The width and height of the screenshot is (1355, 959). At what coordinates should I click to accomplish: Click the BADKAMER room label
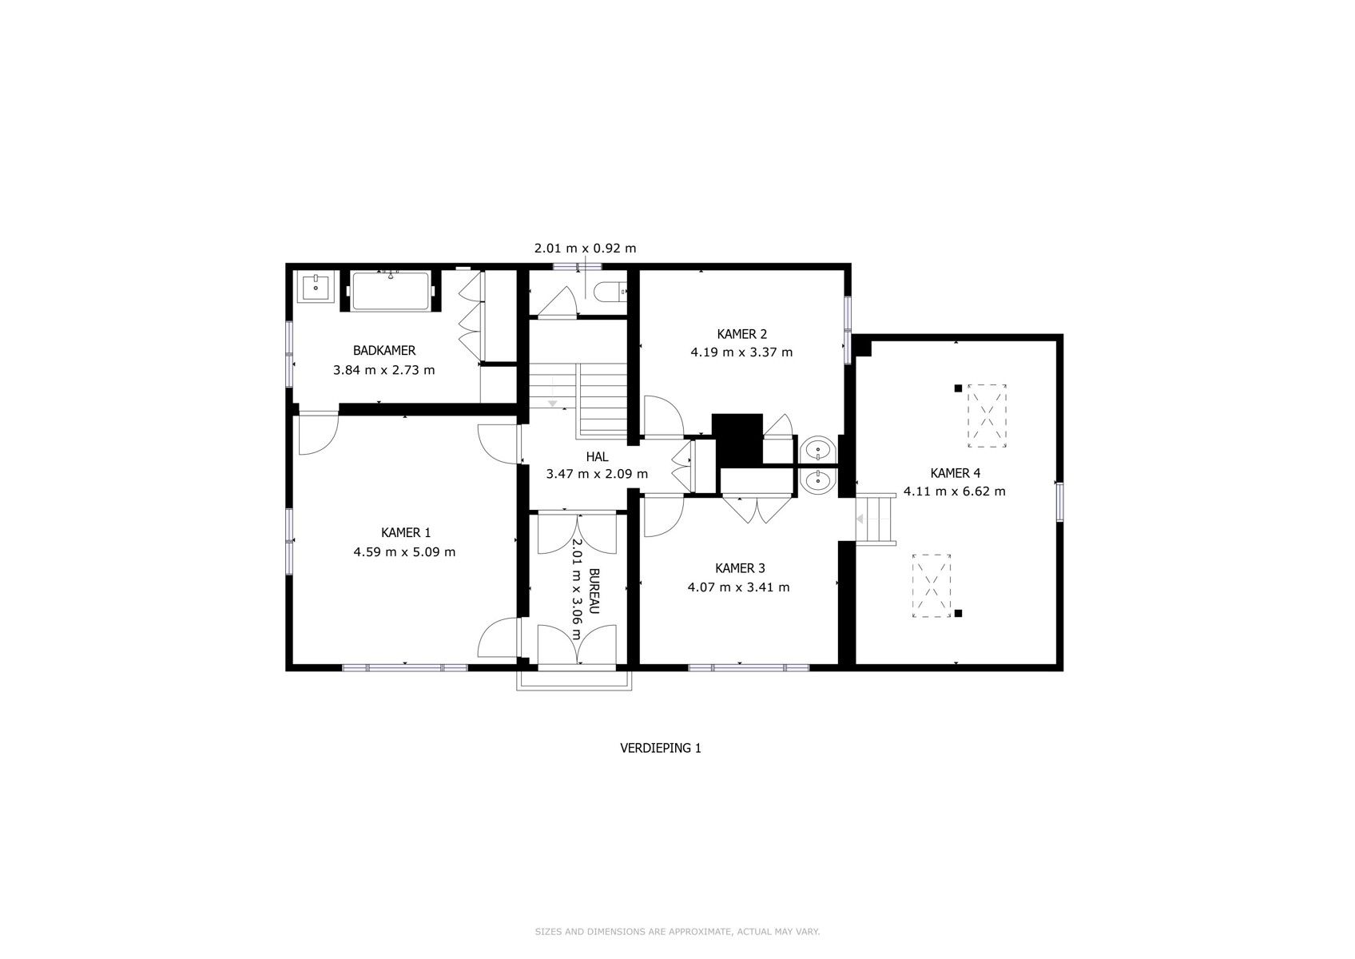pyautogui.click(x=383, y=350)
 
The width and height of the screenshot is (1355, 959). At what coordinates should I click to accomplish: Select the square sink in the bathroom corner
pyautogui.click(x=316, y=286)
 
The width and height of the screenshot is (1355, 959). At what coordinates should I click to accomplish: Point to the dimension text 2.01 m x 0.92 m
pyautogui.click(x=585, y=249)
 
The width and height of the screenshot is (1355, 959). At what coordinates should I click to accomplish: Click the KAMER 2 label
pyautogui.click(x=741, y=334)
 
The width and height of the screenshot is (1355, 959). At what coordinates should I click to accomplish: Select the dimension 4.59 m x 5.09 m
pyautogui.click(x=404, y=551)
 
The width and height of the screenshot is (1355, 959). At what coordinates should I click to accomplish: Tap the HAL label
pyautogui.click(x=597, y=456)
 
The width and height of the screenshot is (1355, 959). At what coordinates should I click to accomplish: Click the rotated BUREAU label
pyautogui.click(x=594, y=591)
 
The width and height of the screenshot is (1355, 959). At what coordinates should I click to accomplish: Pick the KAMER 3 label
pyautogui.click(x=739, y=568)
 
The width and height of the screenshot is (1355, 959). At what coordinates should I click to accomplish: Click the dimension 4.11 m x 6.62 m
pyautogui.click(x=954, y=491)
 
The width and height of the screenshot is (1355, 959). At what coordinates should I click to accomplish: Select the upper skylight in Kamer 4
pyautogui.click(x=987, y=416)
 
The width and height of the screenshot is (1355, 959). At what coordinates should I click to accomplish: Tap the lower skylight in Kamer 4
pyautogui.click(x=932, y=586)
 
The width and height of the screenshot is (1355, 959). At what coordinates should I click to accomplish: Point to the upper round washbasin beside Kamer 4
pyautogui.click(x=817, y=451)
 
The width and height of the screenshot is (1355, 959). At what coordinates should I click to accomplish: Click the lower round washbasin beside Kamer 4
pyautogui.click(x=817, y=481)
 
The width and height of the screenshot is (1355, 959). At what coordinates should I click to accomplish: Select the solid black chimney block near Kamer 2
pyautogui.click(x=737, y=439)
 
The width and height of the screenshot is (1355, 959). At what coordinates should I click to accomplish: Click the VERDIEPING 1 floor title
pyautogui.click(x=660, y=749)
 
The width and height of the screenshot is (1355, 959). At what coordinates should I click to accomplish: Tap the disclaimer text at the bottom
pyautogui.click(x=677, y=932)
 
